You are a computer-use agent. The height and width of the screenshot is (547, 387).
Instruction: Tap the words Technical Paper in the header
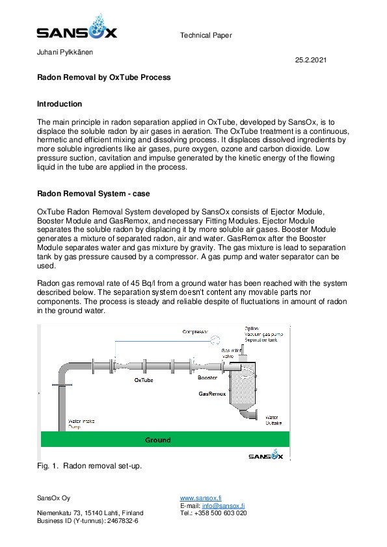tap(206, 35)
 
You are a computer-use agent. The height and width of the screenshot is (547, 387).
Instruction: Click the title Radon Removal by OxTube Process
tap(103, 77)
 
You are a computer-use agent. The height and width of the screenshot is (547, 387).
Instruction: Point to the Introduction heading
tap(60, 104)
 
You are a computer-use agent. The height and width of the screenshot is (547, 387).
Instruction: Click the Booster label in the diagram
tap(207, 377)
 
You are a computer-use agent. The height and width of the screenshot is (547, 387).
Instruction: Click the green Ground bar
tap(157, 440)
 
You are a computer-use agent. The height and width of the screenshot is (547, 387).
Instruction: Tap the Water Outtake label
tap(274, 420)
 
